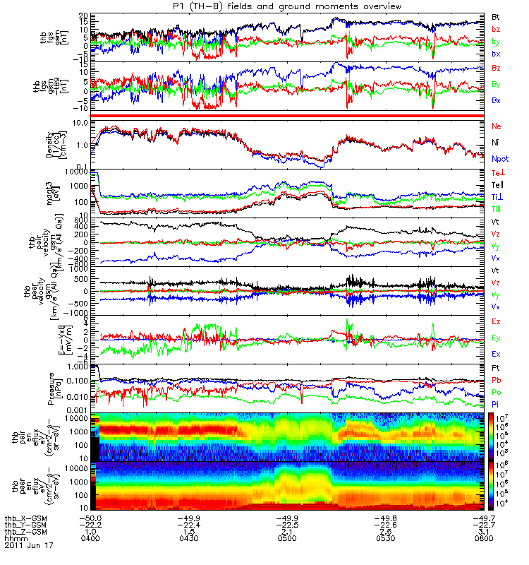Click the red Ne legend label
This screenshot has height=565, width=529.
(x=497, y=126)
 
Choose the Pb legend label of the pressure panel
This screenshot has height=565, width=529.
(x=497, y=381)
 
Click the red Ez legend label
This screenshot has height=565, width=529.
(x=497, y=321)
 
